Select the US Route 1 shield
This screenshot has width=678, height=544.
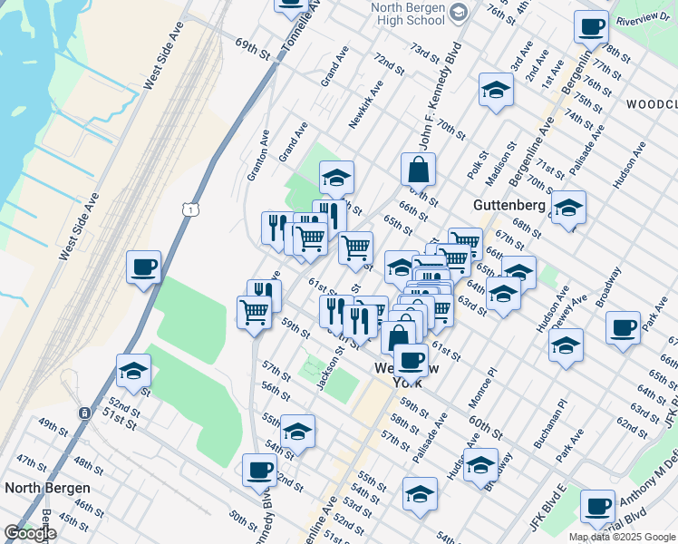click(190, 209)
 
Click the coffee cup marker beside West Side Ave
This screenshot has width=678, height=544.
click(143, 267)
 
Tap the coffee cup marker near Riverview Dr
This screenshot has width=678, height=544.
click(591, 27)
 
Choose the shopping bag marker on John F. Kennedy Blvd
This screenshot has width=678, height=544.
click(418, 170)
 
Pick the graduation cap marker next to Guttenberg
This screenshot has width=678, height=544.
click(568, 208)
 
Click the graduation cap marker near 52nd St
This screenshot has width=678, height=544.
click(133, 371)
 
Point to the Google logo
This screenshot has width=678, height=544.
click(29, 533)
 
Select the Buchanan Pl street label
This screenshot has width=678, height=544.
click(549, 415)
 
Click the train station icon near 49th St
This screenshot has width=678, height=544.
click(84, 413)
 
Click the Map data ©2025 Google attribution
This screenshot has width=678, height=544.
click(621, 537)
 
